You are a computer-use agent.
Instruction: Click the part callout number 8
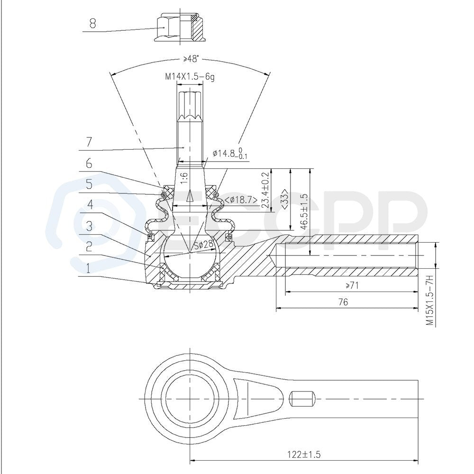tap(92, 23)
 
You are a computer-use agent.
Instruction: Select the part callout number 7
tap(89, 141)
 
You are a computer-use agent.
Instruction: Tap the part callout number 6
tap(89, 164)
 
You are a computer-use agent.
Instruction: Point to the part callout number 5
tap(89, 184)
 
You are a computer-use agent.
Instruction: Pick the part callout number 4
tap(90, 205)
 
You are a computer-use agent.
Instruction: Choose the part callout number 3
tap(89, 226)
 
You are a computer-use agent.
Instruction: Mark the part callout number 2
tap(89, 246)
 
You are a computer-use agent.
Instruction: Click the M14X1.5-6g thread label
tap(190, 77)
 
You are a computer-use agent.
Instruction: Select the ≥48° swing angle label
tap(191, 59)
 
